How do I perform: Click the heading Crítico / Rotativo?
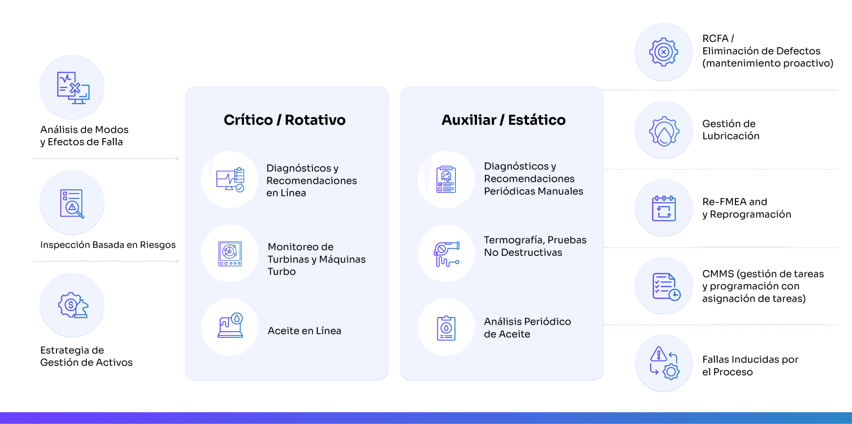pyautogui.click(x=285, y=120)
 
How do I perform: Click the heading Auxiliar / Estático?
pyautogui.click(x=503, y=120)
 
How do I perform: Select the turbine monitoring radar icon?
pyautogui.click(x=230, y=253)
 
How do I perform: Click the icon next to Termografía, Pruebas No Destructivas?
pyautogui.click(x=446, y=253)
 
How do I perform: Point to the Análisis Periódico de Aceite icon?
pyautogui.click(x=446, y=328)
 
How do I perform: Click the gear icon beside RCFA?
pyautogui.click(x=664, y=52)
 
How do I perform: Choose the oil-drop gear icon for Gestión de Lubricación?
pyautogui.click(x=664, y=131)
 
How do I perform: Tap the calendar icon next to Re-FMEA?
pyautogui.click(x=664, y=208)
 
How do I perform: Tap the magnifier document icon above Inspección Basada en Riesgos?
pyautogui.click(x=72, y=203)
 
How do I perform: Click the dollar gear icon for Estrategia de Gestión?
pyautogui.click(x=73, y=305)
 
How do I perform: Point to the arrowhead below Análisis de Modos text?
pyautogui.click(x=177, y=159)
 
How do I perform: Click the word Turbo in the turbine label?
pyautogui.click(x=282, y=272)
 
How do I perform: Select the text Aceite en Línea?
pyautogui.click(x=304, y=331)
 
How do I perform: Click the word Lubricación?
pyautogui.click(x=731, y=136)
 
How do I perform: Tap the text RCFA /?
pyautogui.click(x=718, y=39)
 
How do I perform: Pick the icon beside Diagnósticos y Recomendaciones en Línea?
pyautogui.click(x=230, y=180)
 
